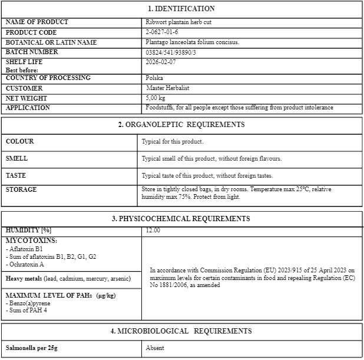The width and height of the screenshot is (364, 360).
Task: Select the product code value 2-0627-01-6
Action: pos(163,32)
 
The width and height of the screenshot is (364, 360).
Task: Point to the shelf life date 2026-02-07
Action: pos(160,61)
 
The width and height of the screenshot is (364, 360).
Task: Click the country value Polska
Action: pos(154,78)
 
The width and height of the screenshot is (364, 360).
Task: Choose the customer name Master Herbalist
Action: pos(168,88)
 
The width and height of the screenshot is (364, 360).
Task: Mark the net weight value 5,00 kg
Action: pos(155,98)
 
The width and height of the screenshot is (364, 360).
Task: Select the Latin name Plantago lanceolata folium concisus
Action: pos(193,42)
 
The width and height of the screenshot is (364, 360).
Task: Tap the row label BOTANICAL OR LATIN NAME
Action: pos(51,42)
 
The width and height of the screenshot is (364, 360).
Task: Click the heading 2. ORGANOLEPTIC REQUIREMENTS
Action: pos(181,125)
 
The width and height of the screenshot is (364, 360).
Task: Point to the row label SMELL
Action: pos(16,158)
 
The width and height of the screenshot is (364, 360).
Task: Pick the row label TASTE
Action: pos(16,175)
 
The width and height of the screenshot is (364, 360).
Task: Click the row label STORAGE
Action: pos(21,189)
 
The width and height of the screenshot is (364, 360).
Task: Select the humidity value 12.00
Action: pos(153,231)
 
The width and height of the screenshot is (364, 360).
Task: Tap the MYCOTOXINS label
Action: pos(32,241)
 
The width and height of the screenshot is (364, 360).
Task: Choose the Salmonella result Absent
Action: pos(155,348)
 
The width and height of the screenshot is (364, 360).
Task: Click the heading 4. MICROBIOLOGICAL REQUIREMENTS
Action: pos(181,331)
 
